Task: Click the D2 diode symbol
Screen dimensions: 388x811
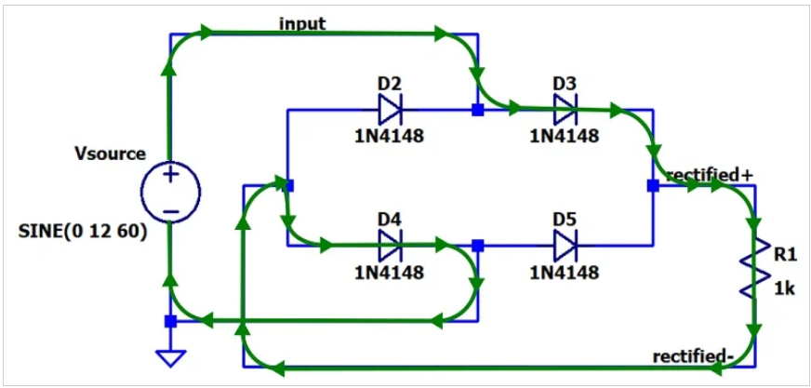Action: pos(390,110)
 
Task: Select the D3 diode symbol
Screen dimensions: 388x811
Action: pos(565,110)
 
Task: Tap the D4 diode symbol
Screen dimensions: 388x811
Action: pos(390,247)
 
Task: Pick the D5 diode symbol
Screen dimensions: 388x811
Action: pos(565,247)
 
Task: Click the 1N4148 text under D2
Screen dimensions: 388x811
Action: pos(390,136)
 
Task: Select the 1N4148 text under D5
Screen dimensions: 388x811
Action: pos(565,273)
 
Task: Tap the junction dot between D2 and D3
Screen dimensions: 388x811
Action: pos(477,111)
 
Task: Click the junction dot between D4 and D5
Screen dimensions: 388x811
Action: pos(477,246)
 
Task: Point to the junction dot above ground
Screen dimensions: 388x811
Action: pos(170,321)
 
